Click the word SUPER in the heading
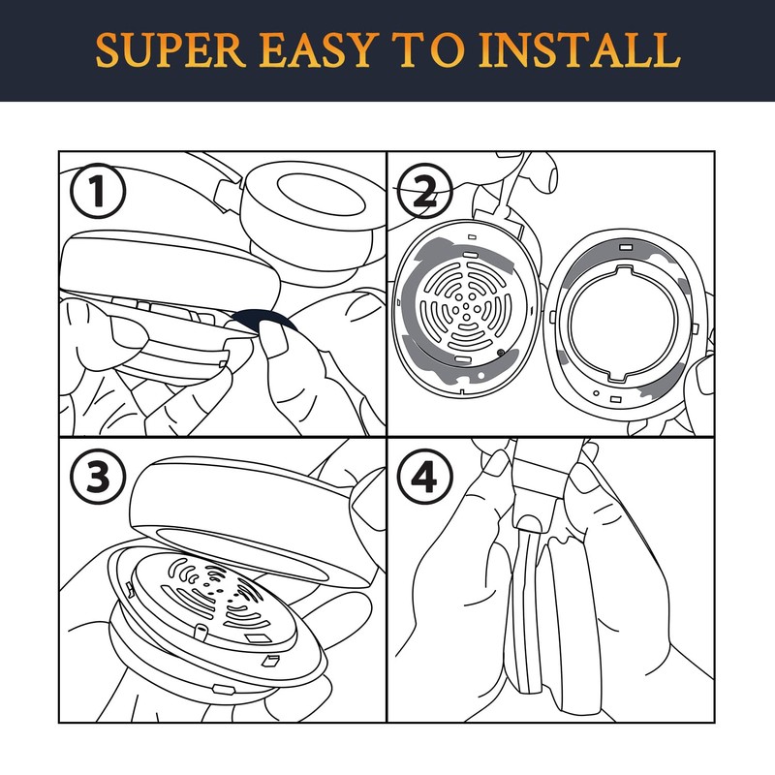tap(170, 50)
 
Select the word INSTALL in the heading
tap(579, 50)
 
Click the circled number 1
tap(98, 191)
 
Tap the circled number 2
tap(425, 191)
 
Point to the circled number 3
tap(98, 477)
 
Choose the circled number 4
tap(425, 477)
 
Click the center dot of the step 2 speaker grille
tap(466, 306)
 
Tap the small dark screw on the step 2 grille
tap(501, 353)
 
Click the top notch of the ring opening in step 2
tap(625, 270)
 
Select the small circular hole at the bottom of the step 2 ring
tap(597, 393)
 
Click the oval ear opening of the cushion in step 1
tap(322, 194)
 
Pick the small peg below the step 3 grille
tap(201, 632)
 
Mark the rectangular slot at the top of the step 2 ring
tap(626, 247)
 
